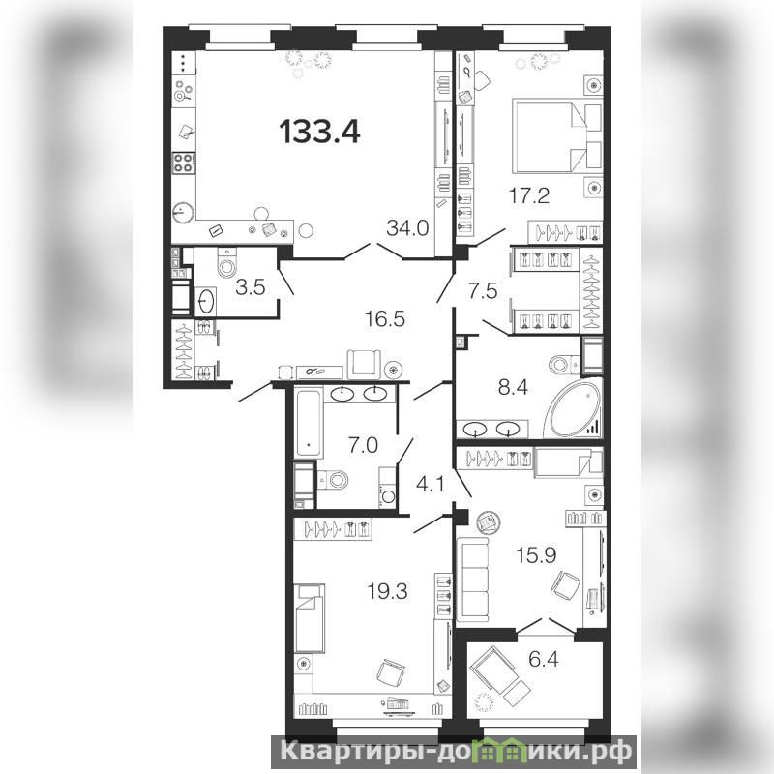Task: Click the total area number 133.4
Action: click(x=320, y=132)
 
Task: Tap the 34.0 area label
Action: click(x=407, y=228)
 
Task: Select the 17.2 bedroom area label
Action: click(x=529, y=196)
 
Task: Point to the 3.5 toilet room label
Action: click(x=251, y=286)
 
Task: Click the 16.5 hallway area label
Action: click(x=385, y=319)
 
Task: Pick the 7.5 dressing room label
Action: click(x=483, y=291)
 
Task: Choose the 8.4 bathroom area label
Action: click(x=514, y=388)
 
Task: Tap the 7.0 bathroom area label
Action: click(x=363, y=446)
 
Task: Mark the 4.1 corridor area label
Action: click(x=431, y=485)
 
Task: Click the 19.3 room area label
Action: click(x=388, y=590)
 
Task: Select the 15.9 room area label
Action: click(x=536, y=554)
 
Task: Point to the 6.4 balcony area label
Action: click(x=544, y=659)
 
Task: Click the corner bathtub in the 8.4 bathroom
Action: click(x=574, y=408)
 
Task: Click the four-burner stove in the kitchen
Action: click(x=183, y=163)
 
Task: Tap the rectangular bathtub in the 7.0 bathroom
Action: click(x=309, y=423)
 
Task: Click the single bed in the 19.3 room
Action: click(x=310, y=611)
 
